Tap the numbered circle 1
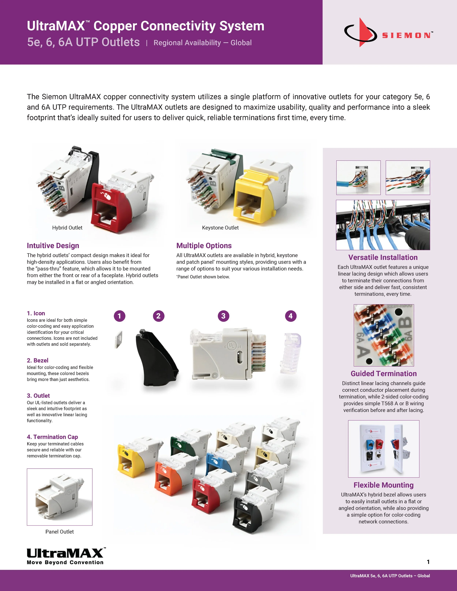119,316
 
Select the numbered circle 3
223,316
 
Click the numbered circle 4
290,316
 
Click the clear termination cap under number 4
291,353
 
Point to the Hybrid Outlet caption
67,228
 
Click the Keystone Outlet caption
220,228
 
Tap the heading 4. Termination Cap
52,437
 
